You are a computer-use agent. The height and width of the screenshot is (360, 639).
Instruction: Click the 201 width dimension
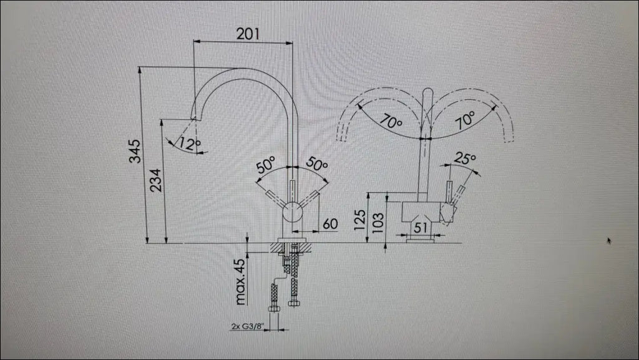[x=248, y=34]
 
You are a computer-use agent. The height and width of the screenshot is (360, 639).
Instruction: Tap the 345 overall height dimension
[x=135, y=152]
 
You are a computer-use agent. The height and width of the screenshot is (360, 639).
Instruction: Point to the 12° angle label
[x=189, y=144]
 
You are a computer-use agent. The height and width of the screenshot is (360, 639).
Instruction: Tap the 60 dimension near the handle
[x=330, y=223]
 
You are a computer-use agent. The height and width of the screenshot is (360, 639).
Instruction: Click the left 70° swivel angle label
[x=390, y=122]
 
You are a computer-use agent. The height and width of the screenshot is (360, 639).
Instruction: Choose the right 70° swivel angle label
[x=464, y=120]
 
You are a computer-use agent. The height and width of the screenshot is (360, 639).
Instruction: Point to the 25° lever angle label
[x=464, y=159]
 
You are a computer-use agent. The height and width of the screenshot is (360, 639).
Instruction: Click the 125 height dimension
[x=360, y=220]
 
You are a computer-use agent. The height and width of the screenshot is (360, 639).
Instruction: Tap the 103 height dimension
[x=377, y=223]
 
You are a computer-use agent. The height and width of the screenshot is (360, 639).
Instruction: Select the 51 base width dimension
[x=421, y=228]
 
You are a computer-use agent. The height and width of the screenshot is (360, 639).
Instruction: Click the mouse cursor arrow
[x=609, y=240]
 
